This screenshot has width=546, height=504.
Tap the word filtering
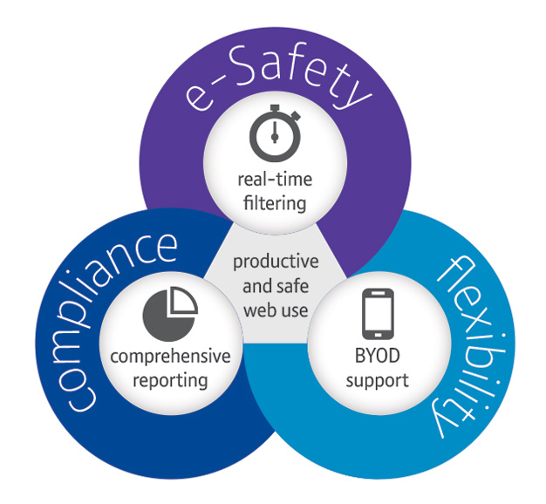point(273,204)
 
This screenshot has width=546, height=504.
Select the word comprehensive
point(170,358)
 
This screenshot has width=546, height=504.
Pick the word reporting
point(170,379)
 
